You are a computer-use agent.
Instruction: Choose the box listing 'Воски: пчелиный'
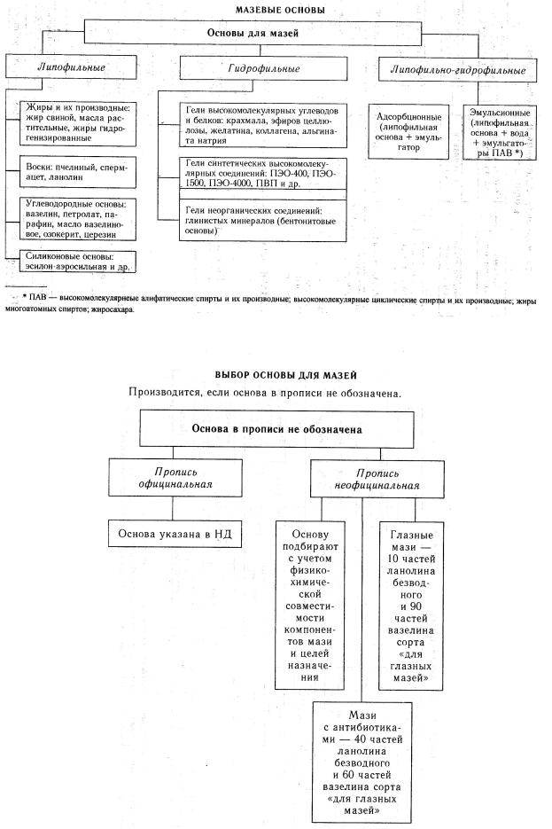(x=78, y=175)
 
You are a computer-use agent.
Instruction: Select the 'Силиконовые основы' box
(x=78, y=262)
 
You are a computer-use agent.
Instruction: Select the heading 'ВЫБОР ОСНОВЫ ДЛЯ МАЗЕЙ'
(x=272, y=376)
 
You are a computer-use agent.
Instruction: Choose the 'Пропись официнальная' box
(x=175, y=479)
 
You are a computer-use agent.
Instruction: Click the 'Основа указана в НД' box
(x=175, y=534)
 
